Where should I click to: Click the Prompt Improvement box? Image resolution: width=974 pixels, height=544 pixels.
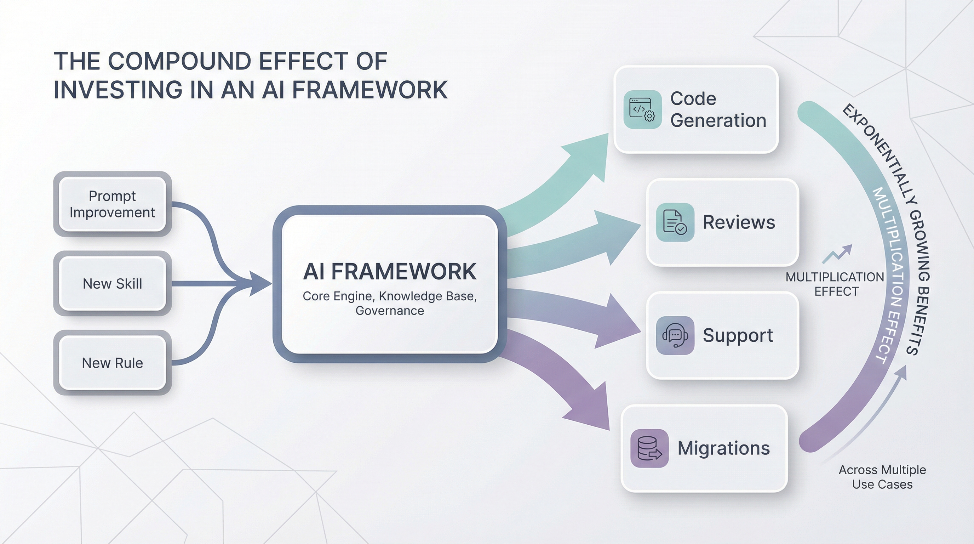[x=112, y=204]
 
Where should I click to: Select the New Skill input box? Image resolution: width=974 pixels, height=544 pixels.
[x=112, y=283]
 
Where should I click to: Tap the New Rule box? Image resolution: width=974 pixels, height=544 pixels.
[x=112, y=363]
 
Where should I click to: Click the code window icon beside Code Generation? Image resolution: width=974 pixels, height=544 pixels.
[x=642, y=109]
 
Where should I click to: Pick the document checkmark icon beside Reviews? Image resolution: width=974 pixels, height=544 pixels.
[x=675, y=222]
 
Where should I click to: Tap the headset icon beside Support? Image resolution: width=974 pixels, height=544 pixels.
[x=675, y=335]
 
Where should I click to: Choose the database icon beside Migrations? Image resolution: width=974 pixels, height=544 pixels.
[x=649, y=448]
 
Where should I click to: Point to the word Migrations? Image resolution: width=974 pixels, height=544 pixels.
[x=723, y=448]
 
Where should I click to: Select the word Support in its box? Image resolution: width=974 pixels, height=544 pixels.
[x=738, y=335]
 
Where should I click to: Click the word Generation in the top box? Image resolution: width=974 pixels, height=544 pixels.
[x=718, y=120]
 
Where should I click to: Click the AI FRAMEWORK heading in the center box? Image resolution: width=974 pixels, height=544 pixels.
[x=389, y=271]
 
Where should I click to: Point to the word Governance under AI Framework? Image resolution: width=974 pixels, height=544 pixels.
[x=389, y=311]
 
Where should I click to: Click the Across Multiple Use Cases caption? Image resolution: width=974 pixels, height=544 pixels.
[x=882, y=477]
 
